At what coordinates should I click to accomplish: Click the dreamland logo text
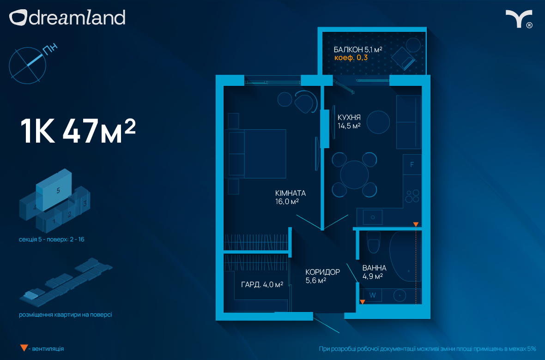[77, 18]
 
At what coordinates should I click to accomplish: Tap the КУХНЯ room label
[349, 117]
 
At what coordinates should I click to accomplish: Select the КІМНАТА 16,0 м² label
[290, 197]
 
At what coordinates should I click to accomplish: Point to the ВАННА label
[374, 268]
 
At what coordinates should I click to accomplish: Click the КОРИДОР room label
[322, 272]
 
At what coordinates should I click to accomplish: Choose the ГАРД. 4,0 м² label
[262, 285]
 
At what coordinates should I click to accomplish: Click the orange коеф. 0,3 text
[351, 58]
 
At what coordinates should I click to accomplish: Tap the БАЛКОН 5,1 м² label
[358, 49]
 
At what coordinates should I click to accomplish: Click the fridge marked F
[412, 164]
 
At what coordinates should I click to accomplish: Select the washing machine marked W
[372, 295]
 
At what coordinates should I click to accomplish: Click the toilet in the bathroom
[374, 242]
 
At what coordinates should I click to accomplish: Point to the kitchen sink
[373, 217]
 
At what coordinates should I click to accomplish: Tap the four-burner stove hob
[412, 196]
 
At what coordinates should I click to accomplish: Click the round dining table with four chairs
[354, 174]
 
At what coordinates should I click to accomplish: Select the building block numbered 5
[54, 190]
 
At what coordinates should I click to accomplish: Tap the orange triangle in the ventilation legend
[24, 348]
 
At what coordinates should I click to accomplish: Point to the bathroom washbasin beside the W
[400, 296]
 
